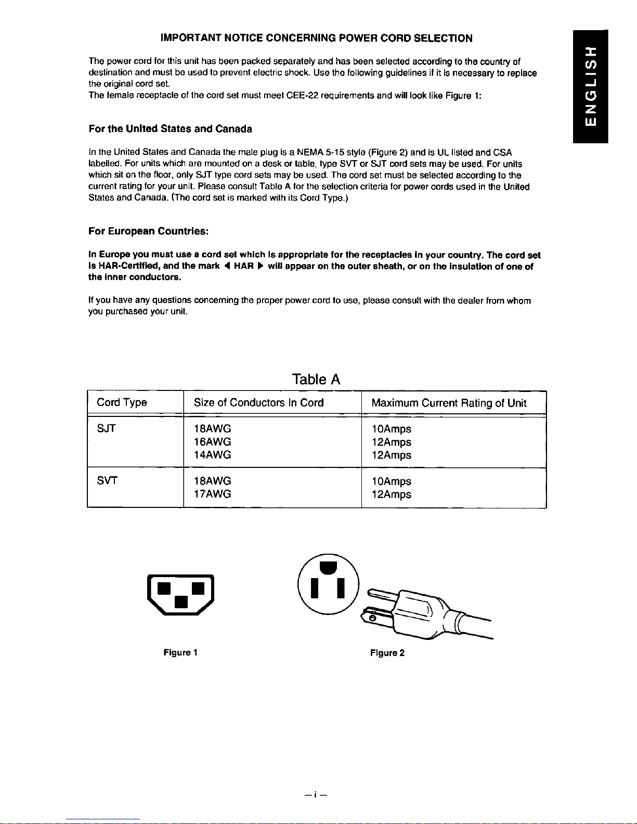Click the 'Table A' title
(316, 380)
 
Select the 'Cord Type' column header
(122, 402)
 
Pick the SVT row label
(107, 481)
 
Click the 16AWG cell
(212, 442)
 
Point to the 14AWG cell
(212, 455)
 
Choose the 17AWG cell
(212, 494)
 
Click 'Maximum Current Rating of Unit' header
(449, 403)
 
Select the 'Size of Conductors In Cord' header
(258, 402)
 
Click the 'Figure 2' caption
(387, 653)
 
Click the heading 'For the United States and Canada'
(171, 128)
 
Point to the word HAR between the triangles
(243, 266)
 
